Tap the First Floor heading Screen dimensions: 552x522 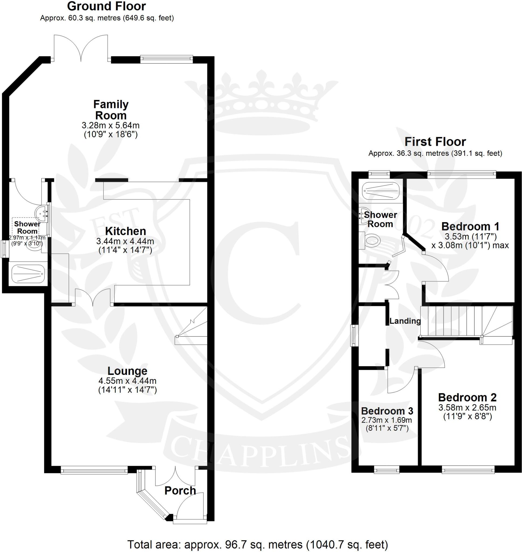[435, 142]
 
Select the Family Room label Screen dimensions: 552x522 [111, 110]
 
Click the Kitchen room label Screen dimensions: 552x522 [125, 231]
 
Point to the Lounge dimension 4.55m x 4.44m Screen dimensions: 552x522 [127, 381]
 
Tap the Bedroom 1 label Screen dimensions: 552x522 [470, 226]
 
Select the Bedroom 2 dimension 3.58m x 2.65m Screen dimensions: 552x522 [467, 408]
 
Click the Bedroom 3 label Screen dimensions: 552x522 [387, 411]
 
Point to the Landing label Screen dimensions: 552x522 [405, 321]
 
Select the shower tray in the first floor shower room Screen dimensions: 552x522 [381, 191]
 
